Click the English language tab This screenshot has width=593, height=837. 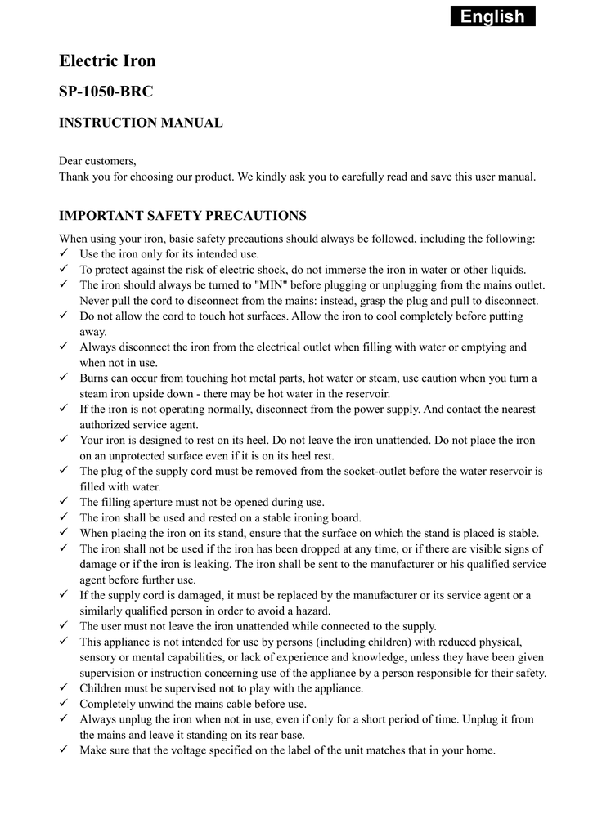click(x=492, y=16)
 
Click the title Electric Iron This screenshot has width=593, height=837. click(x=107, y=61)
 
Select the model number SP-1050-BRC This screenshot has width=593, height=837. click(x=106, y=92)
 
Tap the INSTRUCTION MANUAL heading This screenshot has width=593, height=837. click(x=141, y=123)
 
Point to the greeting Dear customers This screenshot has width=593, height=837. click(x=97, y=160)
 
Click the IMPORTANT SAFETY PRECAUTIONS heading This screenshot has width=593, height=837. click(x=182, y=216)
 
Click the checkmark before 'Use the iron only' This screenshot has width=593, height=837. click(x=64, y=254)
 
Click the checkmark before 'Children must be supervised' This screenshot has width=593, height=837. click(x=64, y=688)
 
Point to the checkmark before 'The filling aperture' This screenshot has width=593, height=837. click(x=64, y=502)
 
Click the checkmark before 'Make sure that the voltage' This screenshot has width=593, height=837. click(x=64, y=750)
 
